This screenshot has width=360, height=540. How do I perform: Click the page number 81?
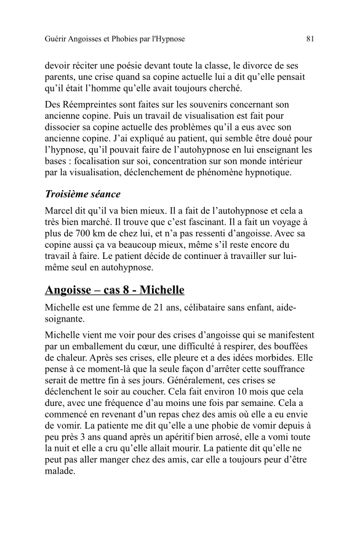(310, 39)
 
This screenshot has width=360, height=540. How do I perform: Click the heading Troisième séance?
(83, 194)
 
